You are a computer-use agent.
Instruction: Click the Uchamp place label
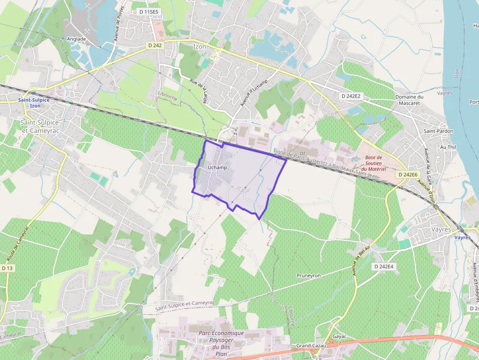[x=218, y=168]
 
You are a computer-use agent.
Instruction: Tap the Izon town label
[x=200, y=46]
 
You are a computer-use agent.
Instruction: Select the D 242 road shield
[x=154, y=45]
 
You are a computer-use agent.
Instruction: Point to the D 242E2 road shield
[x=350, y=96]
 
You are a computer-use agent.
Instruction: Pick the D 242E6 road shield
[x=408, y=174]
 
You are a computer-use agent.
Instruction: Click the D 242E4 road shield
[x=384, y=266]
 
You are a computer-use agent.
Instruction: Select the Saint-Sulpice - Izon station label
[x=34, y=103]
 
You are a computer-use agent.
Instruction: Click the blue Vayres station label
[x=462, y=238]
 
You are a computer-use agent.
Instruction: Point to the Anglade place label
[x=76, y=39]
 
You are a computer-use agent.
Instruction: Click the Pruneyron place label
[x=308, y=275]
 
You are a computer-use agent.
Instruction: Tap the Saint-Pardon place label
[x=438, y=131]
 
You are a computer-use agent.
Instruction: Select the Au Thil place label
[x=448, y=147]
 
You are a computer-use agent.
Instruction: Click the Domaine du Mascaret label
[x=409, y=100]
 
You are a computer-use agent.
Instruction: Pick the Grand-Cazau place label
[x=311, y=346]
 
